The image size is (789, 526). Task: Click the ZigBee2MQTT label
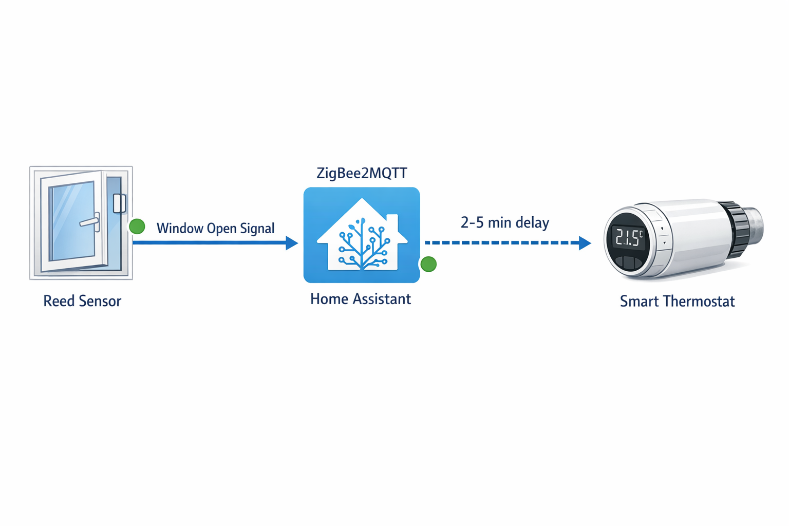click(x=362, y=173)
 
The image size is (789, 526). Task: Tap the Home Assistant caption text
click(x=360, y=299)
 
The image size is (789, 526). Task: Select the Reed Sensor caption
click(x=82, y=301)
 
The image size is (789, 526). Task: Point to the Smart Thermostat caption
click(x=677, y=302)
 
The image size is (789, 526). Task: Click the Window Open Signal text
click(x=215, y=228)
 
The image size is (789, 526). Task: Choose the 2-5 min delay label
click(x=504, y=222)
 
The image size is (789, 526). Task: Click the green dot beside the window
click(x=137, y=226)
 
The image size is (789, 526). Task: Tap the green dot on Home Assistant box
click(x=428, y=264)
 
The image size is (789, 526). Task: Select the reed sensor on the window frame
click(x=120, y=203)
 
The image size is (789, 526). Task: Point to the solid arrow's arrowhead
click(x=292, y=243)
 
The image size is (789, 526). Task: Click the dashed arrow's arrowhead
click(x=585, y=243)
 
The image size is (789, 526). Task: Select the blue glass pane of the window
click(x=71, y=221)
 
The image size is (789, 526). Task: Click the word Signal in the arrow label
click(x=258, y=228)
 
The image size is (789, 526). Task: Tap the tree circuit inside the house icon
click(x=363, y=244)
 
